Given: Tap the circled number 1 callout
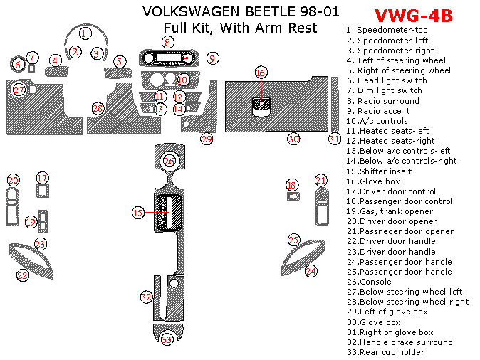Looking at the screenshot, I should (x=85, y=33).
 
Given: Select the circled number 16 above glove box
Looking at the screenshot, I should (x=261, y=73).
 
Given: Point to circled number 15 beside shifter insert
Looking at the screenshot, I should (x=138, y=213).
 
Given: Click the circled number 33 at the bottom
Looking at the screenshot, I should (x=167, y=339).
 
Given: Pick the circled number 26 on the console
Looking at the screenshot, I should (x=169, y=162).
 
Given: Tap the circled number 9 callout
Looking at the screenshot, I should (x=213, y=58).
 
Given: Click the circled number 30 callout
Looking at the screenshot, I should (x=293, y=139).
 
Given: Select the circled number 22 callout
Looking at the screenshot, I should (x=23, y=275).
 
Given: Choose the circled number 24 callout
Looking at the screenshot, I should (x=311, y=271).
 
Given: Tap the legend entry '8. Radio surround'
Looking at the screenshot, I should (x=382, y=101).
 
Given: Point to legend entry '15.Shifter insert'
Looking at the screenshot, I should (x=379, y=171).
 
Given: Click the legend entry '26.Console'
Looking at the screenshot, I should (x=368, y=282).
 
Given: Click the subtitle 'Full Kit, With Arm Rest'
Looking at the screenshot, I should (x=241, y=28).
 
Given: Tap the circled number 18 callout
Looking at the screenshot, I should (x=291, y=185).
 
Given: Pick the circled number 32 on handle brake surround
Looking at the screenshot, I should (x=146, y=297).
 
